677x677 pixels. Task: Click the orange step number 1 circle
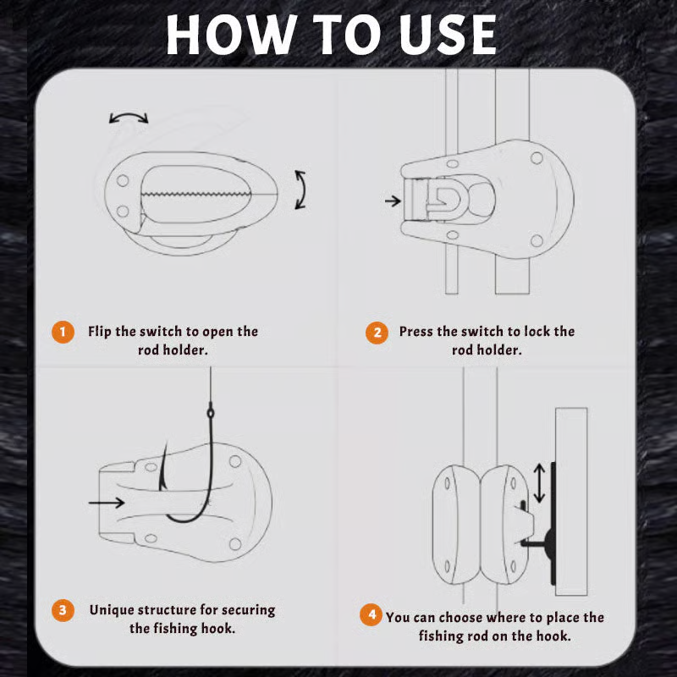click(x=63, y=332)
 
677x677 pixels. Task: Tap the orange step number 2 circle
click(x=377, y=333)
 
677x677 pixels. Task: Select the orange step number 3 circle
click(x=63, y=610)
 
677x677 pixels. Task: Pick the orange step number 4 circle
click(x=372, y=614)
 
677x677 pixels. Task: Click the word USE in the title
click(x=448, y=35)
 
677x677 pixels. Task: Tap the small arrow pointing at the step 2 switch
click(x=393, y=201)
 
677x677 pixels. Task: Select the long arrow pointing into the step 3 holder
click(x=107, y=502)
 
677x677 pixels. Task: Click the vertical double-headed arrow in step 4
click(x=539, y=483)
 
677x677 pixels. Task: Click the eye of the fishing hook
click(x=211, y=413)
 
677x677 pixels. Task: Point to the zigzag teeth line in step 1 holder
click(x=196, y=194)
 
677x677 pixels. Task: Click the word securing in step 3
click(x=250, y=610)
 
